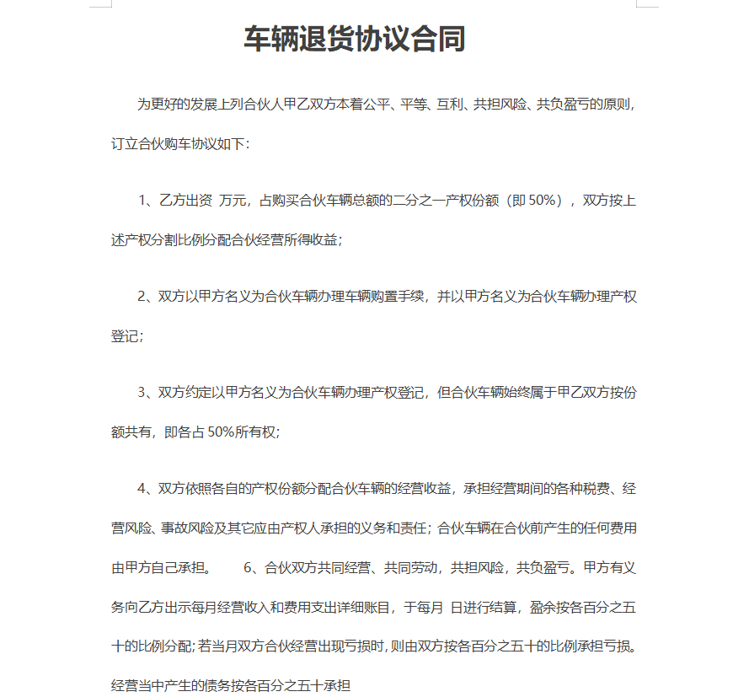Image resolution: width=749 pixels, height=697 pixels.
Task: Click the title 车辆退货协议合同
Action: pyautogui.click(x=355, y=39)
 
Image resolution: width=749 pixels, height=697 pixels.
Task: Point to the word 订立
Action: pyautogui.click(x=124, y=144)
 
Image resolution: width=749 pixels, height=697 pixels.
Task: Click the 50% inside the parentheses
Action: pyautogui.click(x=544, y=201)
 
